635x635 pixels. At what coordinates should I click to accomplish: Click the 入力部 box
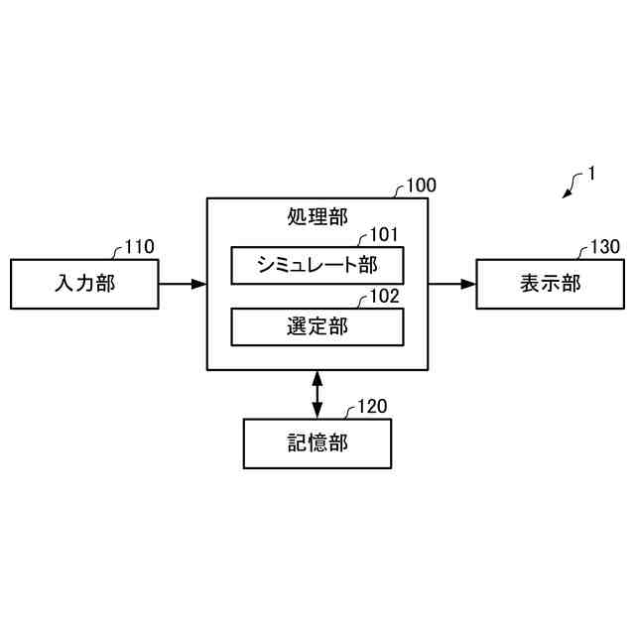84,284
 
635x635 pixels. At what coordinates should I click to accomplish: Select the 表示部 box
550,284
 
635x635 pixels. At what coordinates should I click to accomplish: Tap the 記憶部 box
317,444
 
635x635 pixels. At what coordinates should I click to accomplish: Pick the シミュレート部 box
317,265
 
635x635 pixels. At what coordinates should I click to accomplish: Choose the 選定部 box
317,326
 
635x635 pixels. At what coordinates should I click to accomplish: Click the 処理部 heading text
317,215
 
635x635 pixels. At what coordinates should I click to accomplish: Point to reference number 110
140,248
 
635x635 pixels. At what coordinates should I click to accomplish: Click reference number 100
422,186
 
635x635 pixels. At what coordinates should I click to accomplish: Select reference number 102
384,296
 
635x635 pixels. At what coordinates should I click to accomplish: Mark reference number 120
372,406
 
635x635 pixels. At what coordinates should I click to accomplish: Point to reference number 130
605,247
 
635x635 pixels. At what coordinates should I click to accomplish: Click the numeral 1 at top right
591,173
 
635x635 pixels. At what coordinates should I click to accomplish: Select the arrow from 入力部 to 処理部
183,284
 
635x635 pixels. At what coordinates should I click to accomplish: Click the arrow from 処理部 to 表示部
452,284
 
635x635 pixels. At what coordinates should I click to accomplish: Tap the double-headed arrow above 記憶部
317,394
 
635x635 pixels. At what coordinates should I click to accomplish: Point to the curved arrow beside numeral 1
572,185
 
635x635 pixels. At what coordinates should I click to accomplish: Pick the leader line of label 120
349,412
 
